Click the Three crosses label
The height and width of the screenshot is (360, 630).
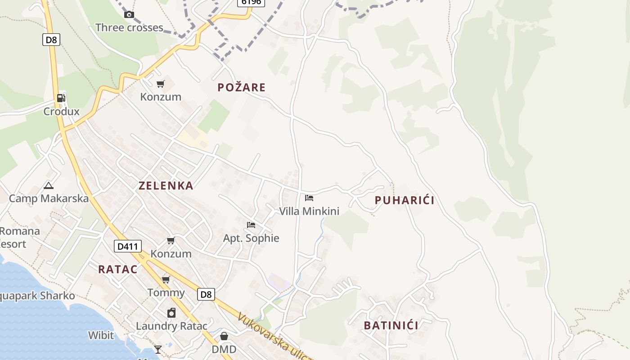coord(129,27)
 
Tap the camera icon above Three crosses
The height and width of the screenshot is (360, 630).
coord(129,14)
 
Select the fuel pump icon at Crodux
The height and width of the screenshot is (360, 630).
coord(61,98)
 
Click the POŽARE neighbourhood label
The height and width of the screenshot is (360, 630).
coord(242,87)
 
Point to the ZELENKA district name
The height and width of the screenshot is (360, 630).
coord(166,185)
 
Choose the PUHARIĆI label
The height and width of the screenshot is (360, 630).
coord(405,200)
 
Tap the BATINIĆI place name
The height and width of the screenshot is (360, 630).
coord(391,325)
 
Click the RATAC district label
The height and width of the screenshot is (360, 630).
coord(118,269)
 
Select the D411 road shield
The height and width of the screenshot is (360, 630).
coord(128,246)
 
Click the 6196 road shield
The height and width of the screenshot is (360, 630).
coord(251,2)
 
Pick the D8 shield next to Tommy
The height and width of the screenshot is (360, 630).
coord(206,295)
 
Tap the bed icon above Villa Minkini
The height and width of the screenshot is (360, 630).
coord(309,198)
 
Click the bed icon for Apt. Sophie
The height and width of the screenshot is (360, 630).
coord(251,225)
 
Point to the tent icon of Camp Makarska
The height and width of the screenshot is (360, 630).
coord(49,185)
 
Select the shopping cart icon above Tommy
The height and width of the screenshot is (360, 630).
coord(166,280)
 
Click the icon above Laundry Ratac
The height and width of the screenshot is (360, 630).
coord(171,313)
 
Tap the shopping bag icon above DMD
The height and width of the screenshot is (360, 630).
coord(224,336)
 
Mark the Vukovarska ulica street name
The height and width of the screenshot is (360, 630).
coord(274,337)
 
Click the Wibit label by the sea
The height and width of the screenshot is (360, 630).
coord(101,335)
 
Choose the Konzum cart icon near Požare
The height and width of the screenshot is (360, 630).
coord(161,84)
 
